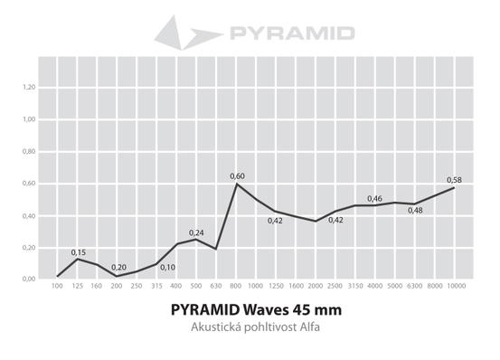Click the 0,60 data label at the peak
tap(237, 176)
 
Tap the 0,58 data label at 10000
tap(454, 180)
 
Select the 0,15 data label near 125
tap(78, 252)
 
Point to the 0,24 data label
tap(196, 232)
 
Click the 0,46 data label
tap(374, 199)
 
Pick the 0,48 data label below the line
tap(415, 211)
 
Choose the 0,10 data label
tap(168, 268)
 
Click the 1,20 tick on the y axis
tap(29, 87)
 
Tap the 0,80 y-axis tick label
tap(29, 151)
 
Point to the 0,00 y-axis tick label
tap(29, 279)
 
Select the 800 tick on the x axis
tap(236, 286)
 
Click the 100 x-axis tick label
tap(57, 286)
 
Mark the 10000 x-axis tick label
tap(457, 286)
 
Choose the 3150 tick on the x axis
tap(355, 286)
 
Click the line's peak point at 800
tap(236, 184)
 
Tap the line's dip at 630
tap(216, 249)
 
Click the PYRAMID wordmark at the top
tap(292, 33)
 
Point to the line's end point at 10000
tap(454, 187)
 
